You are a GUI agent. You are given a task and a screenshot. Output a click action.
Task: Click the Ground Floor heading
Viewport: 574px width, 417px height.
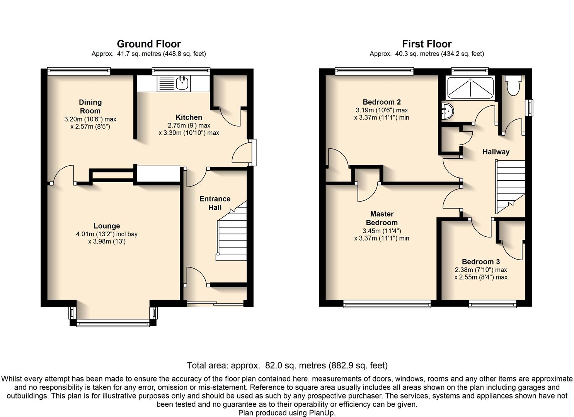coord(149,44)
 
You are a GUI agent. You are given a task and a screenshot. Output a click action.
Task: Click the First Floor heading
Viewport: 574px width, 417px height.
coord(427,44)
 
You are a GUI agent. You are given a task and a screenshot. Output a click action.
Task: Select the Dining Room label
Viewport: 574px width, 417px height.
coord(90,107)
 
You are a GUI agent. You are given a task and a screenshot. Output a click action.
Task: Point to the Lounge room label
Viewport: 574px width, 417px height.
coord(107,226)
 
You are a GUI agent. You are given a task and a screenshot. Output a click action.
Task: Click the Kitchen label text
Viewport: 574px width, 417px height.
coord(189,117)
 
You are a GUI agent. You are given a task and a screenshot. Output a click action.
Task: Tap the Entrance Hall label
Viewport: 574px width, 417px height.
coord(215,203)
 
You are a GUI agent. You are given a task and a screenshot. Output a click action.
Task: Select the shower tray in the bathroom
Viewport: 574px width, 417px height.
coord(470,88)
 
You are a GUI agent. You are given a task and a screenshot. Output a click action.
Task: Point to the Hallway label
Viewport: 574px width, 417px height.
coord(496,152)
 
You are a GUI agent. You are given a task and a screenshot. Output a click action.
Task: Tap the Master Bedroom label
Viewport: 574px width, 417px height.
coord(382,218)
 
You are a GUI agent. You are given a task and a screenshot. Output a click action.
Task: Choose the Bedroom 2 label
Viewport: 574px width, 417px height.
coord(382,102)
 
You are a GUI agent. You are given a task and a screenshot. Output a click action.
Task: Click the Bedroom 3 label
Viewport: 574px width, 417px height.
coord(481,262)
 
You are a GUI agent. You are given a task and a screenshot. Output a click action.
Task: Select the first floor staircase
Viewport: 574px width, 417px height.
coord(510,187)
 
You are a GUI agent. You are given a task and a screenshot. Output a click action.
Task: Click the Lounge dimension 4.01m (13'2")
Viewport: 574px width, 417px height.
coord(95,234)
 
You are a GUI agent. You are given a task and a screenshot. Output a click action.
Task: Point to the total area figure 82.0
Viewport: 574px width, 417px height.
coord(274,365)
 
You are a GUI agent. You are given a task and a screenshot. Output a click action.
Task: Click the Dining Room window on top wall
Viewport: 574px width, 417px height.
coord(79,71)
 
